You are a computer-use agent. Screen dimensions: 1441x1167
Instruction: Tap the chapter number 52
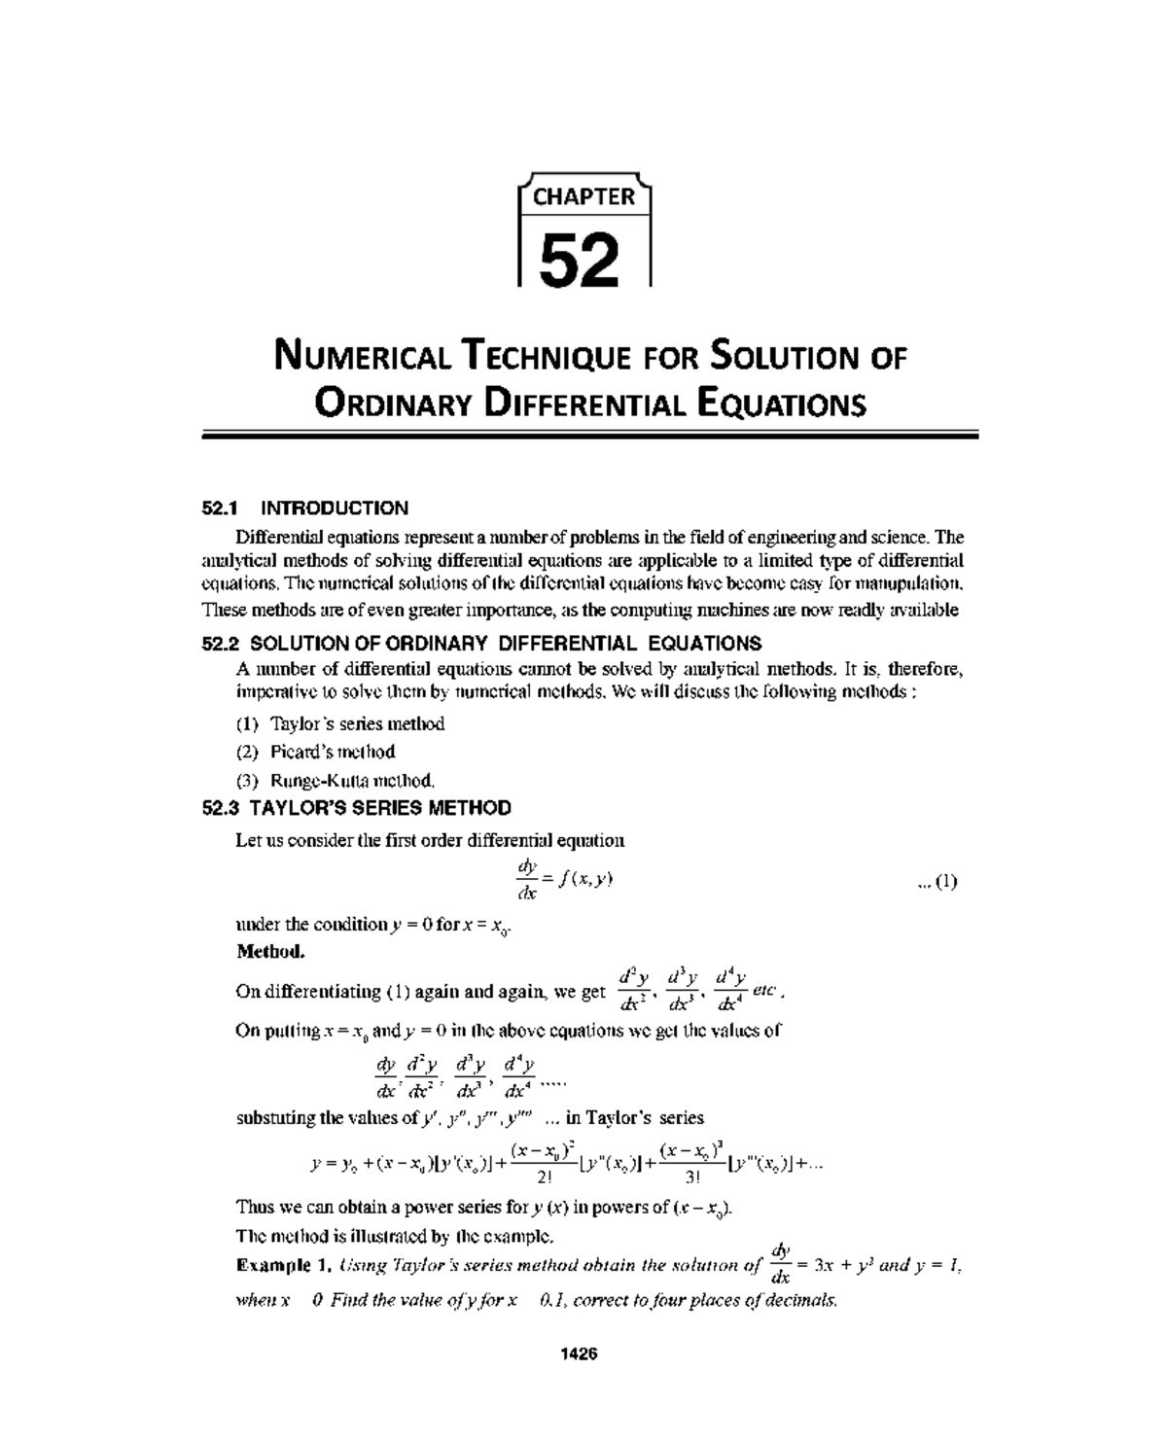tap(580, 260)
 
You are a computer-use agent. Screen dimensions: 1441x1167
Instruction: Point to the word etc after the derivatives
tap(767, 991)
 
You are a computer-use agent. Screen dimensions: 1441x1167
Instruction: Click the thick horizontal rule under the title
tap(589, 437)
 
